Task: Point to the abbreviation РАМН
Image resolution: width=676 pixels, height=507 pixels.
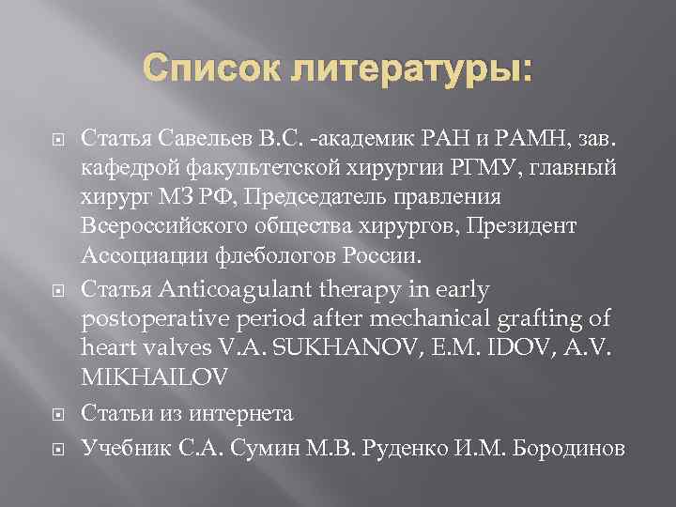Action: (499, 142)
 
